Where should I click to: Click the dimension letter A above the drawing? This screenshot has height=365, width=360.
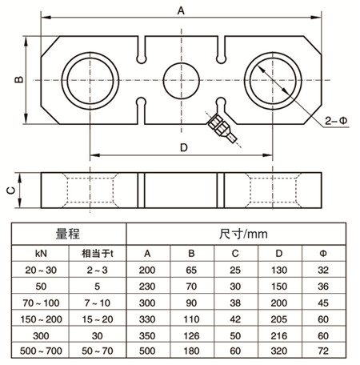coord(181,11)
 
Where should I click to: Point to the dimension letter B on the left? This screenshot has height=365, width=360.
coord(19,79)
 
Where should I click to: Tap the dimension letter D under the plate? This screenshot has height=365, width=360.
coord(184,147)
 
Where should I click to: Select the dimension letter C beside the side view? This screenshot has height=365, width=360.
coord(11,191)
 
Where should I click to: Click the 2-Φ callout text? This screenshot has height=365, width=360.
coord(336,121)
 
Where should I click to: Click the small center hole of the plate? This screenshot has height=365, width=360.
coord(182,81)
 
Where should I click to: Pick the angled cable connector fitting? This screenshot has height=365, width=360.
coord(222,128)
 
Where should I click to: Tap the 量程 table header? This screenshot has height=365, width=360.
coord(68,234)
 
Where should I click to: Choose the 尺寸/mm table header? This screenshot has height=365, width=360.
coord(243,234)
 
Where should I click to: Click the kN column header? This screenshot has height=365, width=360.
coord(41,254)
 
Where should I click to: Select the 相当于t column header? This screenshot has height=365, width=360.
coord(97,254)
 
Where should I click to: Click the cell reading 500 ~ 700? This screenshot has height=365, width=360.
coord(41,351)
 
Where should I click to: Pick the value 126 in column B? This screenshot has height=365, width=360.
coord(191,335)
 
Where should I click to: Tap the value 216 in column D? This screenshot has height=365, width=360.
coord(279,335)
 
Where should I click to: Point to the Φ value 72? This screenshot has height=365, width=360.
coord(323,351)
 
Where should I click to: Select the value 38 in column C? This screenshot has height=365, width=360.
coord(235,303)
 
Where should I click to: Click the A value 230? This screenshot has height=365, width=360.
coord(147,287)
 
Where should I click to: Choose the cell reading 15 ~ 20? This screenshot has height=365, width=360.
coord(97,319)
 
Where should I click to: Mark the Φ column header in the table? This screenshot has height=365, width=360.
coord(323,253)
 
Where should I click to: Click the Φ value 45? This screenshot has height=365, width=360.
coord(323,303)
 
